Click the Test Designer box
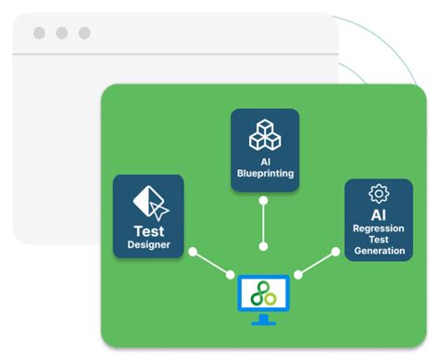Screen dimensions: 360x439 148,217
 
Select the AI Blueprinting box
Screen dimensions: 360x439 265,150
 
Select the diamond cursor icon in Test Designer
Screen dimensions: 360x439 148,201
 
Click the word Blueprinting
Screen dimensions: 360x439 265,173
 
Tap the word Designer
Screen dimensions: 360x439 148,245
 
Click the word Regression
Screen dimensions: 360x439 379,229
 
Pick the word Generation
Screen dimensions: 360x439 379,251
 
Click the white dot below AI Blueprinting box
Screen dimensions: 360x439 265,200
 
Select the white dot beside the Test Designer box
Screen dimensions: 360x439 193,252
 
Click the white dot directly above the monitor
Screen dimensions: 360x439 265,247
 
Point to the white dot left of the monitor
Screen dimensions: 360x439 231,275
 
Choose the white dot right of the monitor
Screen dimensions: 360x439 298,275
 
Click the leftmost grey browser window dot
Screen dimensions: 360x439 39,33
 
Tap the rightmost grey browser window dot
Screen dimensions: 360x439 84,33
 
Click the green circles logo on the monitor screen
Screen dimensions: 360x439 264,293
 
